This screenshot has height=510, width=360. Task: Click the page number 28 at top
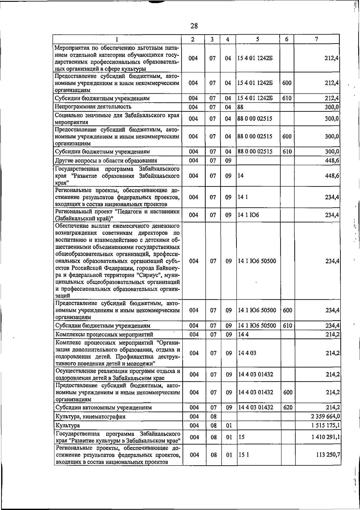(x=194, y=26)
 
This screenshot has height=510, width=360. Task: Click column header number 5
(x=258, y=39)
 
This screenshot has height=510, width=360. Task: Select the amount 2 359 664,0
(x=325, y=416)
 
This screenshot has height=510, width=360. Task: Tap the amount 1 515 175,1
(x=325, y=425)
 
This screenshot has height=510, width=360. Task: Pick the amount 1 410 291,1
(x=326, y=437)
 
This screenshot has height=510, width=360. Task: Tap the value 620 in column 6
(x=287, y=407)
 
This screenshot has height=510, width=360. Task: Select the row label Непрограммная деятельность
(x=93, y=107)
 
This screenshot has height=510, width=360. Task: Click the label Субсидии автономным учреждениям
(x=103, y=408)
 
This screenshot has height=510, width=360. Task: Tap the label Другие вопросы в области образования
(x=106, y=161)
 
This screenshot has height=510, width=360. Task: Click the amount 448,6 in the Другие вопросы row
(x=332, y=161)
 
